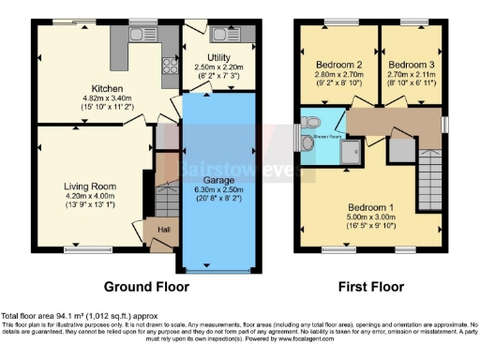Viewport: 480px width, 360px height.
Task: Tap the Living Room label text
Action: click(90, 186)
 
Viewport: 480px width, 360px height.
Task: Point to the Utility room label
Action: click(218, 58)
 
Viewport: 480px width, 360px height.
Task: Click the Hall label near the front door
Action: click(164, 229)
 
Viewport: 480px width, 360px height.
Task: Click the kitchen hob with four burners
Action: click(171, 66)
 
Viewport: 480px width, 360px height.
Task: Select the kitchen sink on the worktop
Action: click(142, 36)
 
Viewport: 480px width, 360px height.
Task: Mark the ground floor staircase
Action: click(167, 199)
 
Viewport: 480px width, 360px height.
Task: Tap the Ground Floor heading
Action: click(145, 286)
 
